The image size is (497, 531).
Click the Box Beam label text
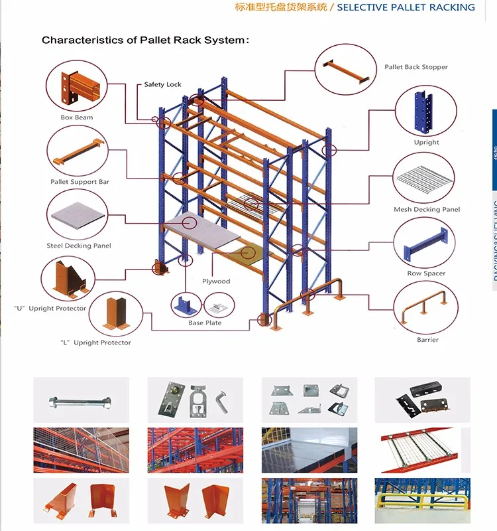click(77, 117)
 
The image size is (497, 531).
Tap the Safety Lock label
click(163, 84)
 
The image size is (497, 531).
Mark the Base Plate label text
click(205, 323)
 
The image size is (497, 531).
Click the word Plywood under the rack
click(216, 281)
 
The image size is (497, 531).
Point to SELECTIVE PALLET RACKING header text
click(406, 7)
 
